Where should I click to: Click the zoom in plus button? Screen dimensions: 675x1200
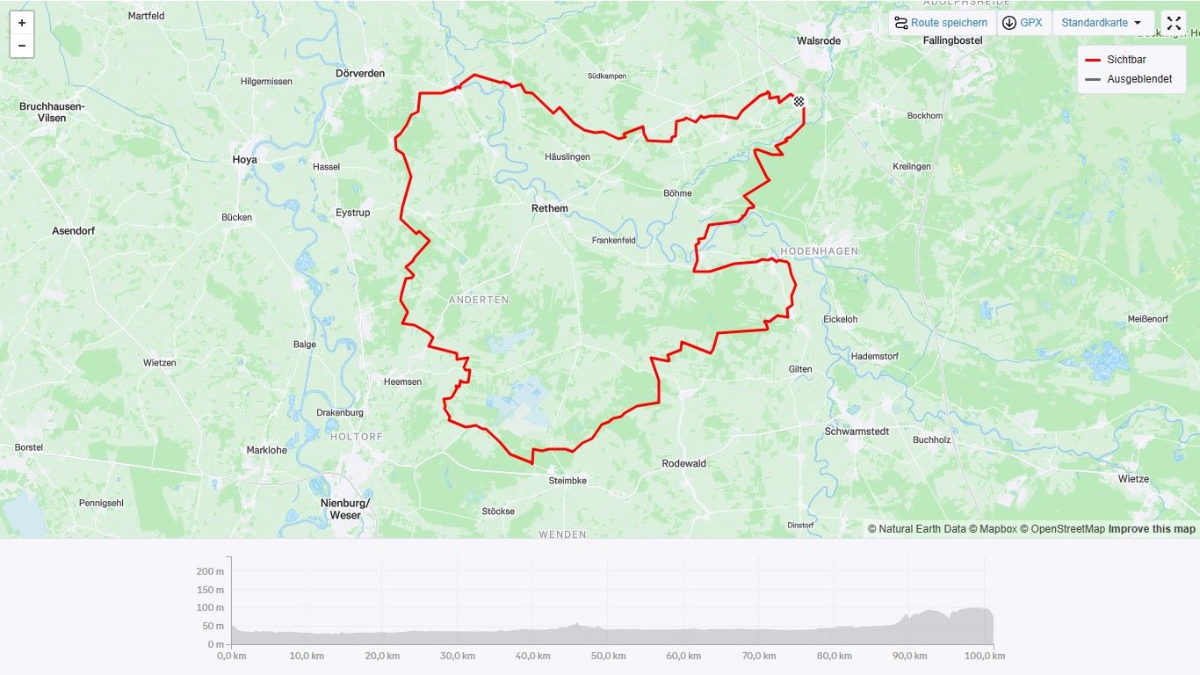pos(22,23)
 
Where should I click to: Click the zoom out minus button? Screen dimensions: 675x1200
pos(22,46)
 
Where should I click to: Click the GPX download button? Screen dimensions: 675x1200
pos(1023,23)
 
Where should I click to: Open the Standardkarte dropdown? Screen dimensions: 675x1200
pos(1102,23)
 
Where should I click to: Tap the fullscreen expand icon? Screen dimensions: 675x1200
pos(1174,23)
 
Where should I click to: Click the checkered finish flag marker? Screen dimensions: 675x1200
pos(799,102)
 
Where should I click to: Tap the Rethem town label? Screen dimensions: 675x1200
pos(550,208)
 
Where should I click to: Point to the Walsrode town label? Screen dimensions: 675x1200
pos(818,40)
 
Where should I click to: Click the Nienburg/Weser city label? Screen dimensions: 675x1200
pos(345,509)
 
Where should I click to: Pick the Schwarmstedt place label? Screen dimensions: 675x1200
pos(857,432)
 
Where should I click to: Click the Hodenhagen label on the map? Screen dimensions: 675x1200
pos(819,250)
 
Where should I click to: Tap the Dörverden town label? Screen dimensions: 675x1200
pos(360,74)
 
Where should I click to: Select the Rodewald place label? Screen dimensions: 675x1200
pos(683,463)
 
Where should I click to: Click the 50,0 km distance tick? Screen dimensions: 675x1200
pos(608,656)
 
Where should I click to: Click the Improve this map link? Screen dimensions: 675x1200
pos(1152,529)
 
